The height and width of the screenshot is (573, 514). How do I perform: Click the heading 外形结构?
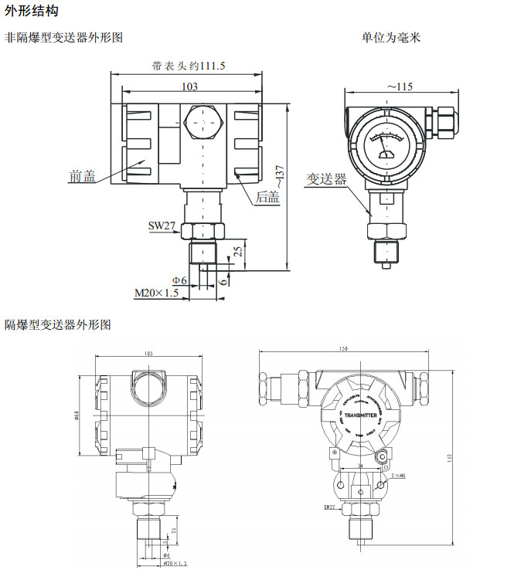[x=31, y=12]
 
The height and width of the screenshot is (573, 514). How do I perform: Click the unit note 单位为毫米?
[x=391, y=37]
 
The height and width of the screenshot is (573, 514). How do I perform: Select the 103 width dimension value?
[x=189, y=86]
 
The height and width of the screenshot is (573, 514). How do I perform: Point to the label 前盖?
[x=82, y=176]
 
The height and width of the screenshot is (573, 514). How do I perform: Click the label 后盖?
[x=267, y=197]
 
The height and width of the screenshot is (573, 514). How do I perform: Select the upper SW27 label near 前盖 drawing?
[x=162, y=225]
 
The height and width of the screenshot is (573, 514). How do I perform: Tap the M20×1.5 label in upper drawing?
[x=158, y=293]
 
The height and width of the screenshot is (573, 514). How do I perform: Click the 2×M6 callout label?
[x=399, y=476]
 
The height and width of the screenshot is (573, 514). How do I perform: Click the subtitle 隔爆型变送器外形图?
[x=58, y=325]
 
